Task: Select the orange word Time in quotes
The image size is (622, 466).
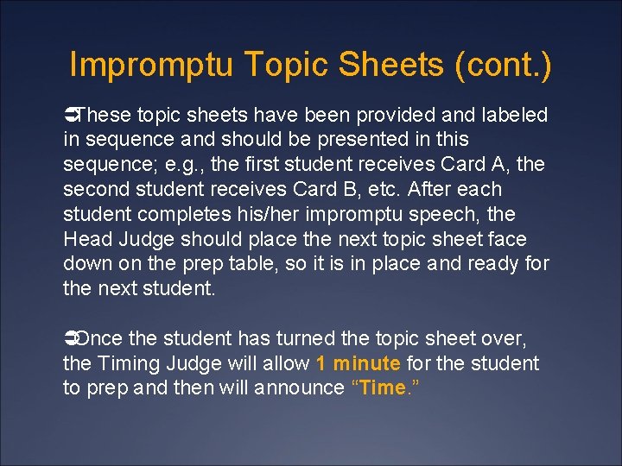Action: pos(381,388)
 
